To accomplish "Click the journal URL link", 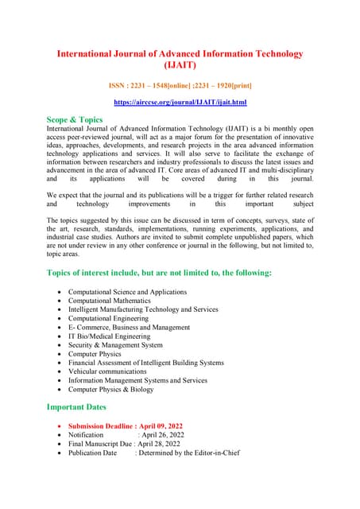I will click(180, 103).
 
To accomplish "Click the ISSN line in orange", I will click(180, 84).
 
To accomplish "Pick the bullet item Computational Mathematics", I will click(109, 301).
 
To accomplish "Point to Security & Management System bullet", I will click(115, 345).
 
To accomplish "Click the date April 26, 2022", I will click(161, 435).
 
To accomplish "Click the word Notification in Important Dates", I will click(86, 435).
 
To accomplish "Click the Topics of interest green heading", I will click(159, 273).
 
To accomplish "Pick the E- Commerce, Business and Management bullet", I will click(129, 327).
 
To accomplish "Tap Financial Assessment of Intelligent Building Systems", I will click(146, 363).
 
